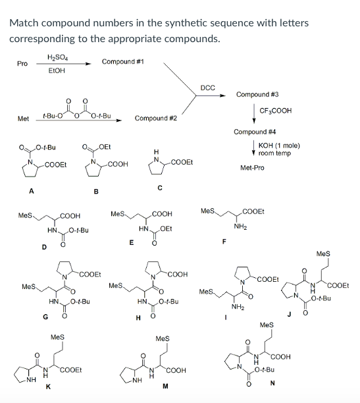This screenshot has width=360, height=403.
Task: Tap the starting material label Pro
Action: [x=22, y=64]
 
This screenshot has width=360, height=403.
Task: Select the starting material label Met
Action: [x=22, y=119]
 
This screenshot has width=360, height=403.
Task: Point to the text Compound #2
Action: [x=155, y=119]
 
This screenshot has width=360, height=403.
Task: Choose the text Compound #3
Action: [x=256, y=94]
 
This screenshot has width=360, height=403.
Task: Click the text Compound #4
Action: [x=253, y=132]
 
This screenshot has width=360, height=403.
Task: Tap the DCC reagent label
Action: [x=207, y=87]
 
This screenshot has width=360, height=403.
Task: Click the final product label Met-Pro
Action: [x=251, y=167]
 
